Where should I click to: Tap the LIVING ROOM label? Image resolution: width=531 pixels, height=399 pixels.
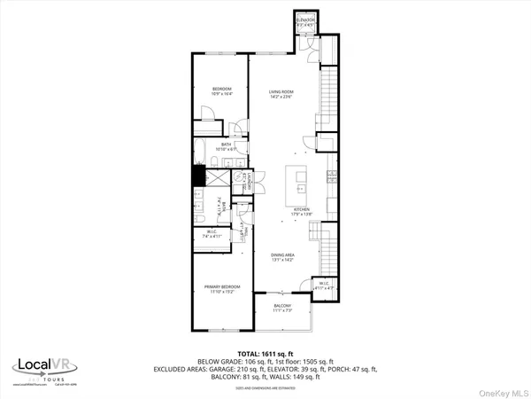tap(281, 95)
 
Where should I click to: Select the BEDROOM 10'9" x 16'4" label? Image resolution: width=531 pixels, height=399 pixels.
tap(221, 90)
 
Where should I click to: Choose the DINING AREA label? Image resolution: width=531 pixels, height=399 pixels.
tap(282, 257)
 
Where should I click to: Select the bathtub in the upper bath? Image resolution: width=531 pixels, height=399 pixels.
tap(201, 148)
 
